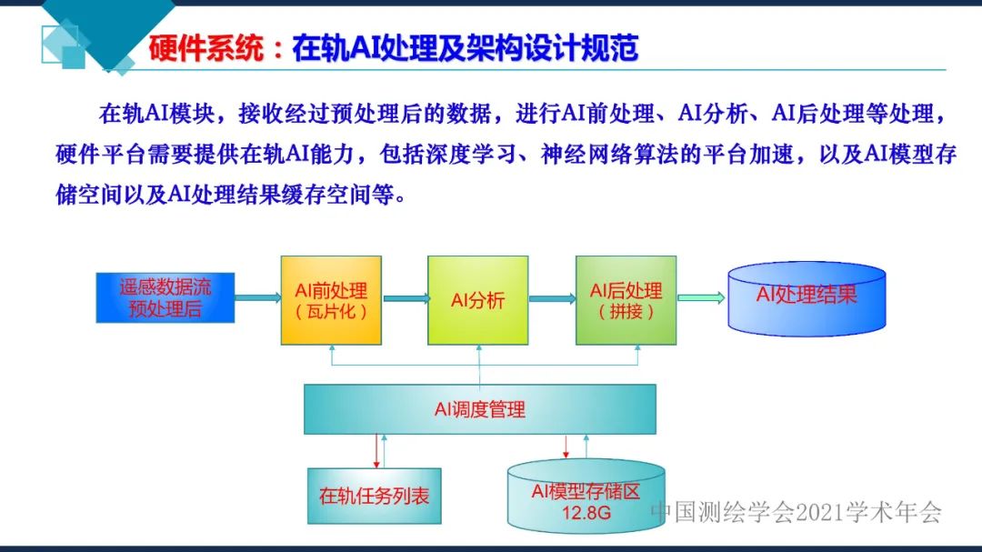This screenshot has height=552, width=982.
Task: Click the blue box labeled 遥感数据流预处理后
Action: [165, 297]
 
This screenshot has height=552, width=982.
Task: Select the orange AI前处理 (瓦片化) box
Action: [331, 300]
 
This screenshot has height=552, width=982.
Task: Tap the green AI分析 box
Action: [477, 300]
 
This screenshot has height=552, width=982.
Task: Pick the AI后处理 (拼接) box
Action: [626, 300]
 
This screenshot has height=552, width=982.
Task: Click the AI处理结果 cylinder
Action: [807, 296]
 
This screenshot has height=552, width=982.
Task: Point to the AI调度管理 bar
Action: [479, 409]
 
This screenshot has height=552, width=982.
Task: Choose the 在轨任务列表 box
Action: [374, 496]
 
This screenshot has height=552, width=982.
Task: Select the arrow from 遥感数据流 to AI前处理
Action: [257, 297]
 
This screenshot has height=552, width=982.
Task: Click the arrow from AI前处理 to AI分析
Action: [406, 297]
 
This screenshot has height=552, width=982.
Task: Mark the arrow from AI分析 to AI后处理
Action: [552, 297]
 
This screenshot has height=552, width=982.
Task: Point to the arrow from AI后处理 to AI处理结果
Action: [700, 297]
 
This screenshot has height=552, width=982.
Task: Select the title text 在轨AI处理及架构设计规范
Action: [465, 49]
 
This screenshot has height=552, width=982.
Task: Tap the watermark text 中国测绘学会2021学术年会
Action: [796, 513]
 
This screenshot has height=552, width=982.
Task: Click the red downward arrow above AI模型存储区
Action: [566, 447]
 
